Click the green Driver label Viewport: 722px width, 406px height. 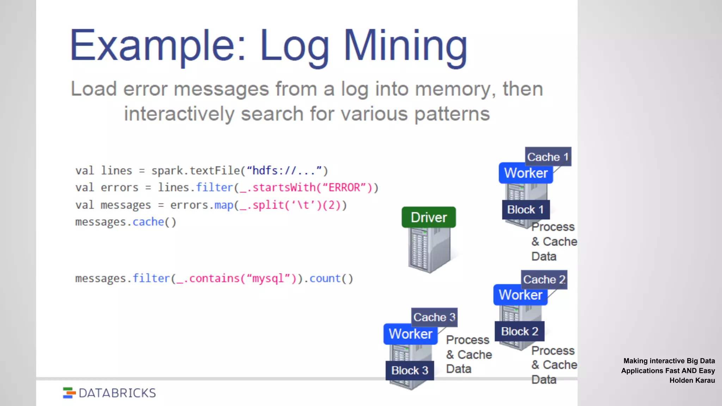coord(429,217)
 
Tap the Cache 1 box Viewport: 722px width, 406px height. coord(548,157)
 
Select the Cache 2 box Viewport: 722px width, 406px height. coord(544,279)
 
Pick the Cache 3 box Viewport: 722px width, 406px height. coord(434,317)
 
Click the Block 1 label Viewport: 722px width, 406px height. coord(525,210)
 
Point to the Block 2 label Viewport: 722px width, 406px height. coord(520,331)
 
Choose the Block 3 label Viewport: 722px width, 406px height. coord(410,370)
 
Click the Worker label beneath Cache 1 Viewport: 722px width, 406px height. coord(526,173)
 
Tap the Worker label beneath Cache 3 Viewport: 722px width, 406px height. coord(410,334)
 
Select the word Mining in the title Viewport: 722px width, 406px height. coord(405,46)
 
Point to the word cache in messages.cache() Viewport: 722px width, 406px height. coord(148,222)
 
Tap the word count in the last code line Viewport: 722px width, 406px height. coord(325,278)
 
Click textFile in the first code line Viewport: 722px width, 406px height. coord(215,171)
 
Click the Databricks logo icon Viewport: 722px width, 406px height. coord(69,393)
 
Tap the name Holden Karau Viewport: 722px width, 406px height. coord(692,380)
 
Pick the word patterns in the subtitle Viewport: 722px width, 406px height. coord(452,114)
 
